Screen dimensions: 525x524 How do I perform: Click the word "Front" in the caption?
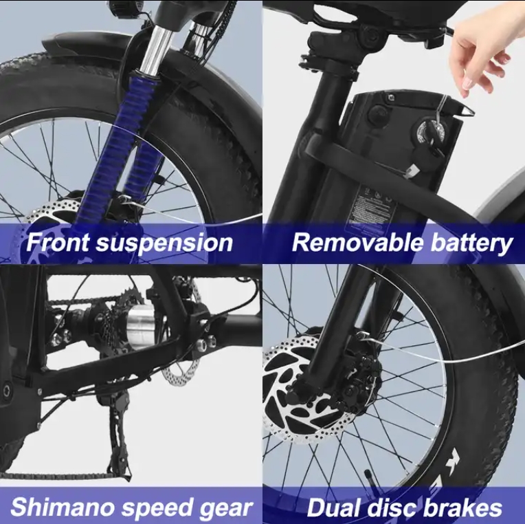point(58,242)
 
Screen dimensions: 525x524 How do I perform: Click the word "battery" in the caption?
point(471,244)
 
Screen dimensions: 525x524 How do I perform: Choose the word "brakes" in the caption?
point(463,507)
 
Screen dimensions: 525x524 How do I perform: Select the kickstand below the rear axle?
point(118,435)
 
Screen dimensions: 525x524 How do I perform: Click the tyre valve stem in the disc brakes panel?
point(369,477)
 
